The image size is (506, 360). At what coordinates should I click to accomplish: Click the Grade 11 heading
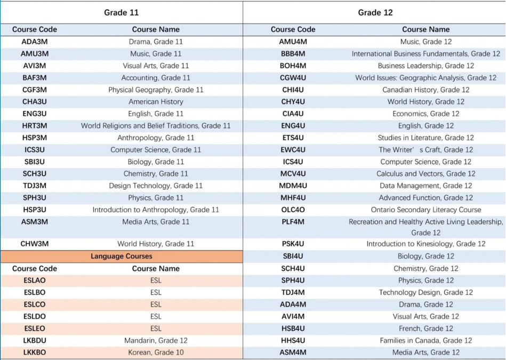click(122, 13)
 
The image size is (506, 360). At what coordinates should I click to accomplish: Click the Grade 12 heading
click(375, 13)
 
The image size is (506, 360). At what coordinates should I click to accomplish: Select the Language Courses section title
click(122, 256)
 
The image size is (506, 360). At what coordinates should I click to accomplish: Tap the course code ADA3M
click(35, 42)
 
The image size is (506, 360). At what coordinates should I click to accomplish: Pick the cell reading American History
click(156, 102)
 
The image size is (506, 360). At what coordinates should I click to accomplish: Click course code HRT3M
click(35, 125)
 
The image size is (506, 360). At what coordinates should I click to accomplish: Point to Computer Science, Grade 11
click(156, 150)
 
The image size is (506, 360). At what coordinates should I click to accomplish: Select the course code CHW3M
click(35, 244)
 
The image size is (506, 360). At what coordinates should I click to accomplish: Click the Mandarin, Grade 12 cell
click(156, 340)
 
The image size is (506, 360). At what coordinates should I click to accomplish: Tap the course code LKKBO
click(35, 352)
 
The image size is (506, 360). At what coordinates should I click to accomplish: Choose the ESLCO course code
click(35, 305)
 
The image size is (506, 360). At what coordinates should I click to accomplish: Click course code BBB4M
click(293, 53)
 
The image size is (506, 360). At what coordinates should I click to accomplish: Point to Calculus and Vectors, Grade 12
click(426, 174)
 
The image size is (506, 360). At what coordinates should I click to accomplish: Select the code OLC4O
click(293, 210)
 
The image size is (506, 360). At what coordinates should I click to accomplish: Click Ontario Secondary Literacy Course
click(426, 210)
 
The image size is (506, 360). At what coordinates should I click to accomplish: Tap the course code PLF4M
click(293, 222)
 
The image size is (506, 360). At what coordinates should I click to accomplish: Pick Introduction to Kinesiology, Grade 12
click(426, 244)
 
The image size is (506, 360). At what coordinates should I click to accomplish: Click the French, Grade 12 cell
click(426, 329)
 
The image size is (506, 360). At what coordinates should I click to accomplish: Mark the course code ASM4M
click(293, 352)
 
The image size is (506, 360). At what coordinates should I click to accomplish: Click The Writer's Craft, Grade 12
click(426, 150)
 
